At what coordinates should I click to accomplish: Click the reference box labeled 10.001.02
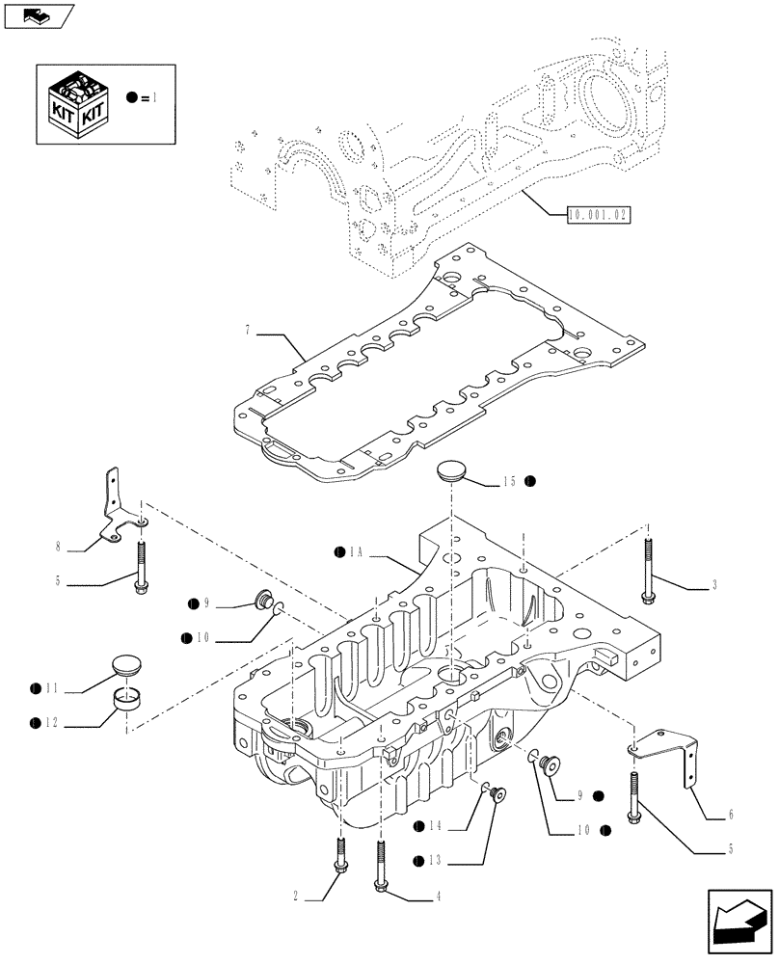[598, 214]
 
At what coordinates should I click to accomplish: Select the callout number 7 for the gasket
[248, 331]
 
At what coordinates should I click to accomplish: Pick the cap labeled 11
[126, 667]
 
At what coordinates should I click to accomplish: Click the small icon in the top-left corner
[39, 15]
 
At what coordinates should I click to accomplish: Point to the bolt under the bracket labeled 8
[143, 565]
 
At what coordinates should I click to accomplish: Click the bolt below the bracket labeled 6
[633, 797]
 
